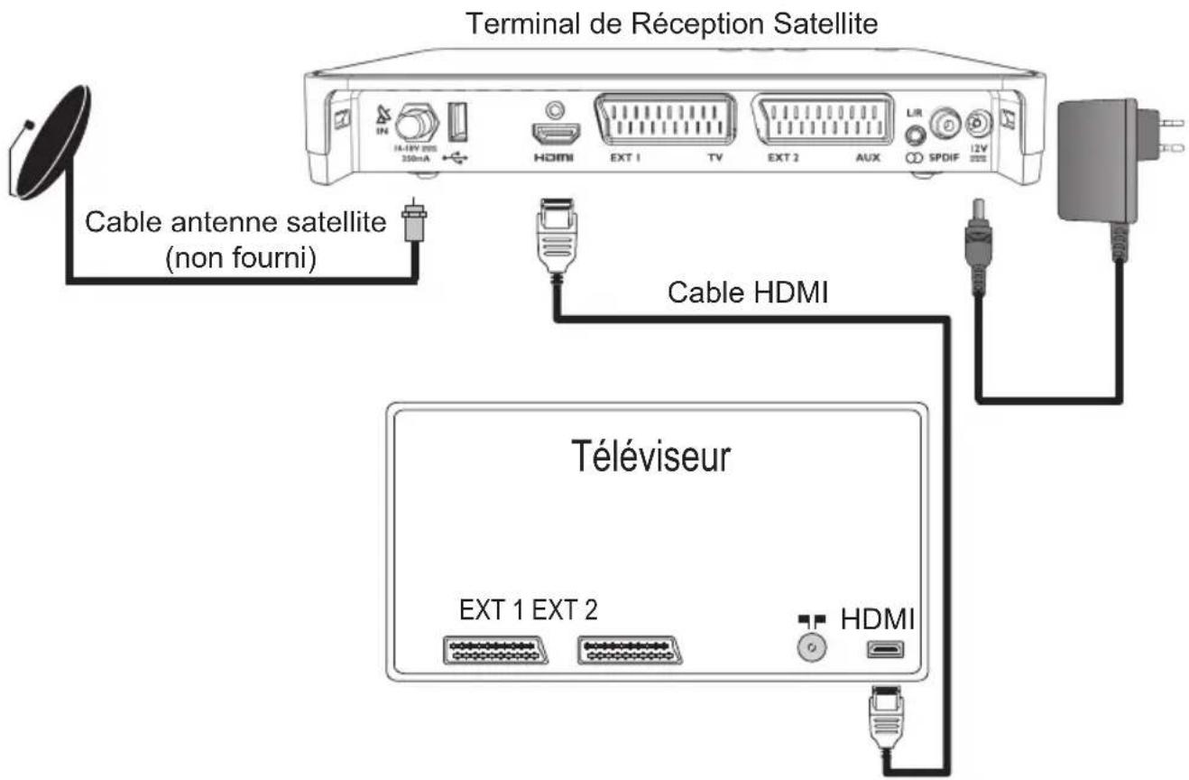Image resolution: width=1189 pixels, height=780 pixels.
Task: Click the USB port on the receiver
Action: [x=458, y=123]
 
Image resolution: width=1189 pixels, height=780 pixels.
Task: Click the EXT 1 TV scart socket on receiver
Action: [x=665, y=118]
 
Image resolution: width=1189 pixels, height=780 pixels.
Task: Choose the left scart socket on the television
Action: [x=483, y=650]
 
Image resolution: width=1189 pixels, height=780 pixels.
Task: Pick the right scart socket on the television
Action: [x=628, y=650]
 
